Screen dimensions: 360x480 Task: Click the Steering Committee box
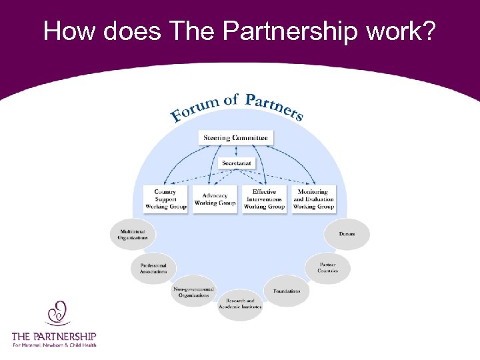pyautogui.click(x=236, y=138)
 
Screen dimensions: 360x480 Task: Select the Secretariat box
pyautogui.click(x=236, y=163)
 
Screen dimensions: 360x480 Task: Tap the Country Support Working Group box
pyautogui.click(x=165, y=199)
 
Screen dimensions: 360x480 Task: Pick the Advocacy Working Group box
pyautogui.click(x=215, y=199)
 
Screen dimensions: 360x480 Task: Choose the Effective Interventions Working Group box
pyautogui.click(x=264, y=199)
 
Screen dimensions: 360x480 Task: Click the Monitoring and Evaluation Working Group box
pyautogui.click(x=313, y=199)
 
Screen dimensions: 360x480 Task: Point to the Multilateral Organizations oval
pyautogui.click(x=133, y=234)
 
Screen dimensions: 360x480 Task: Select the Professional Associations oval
pyautogui.click(x=153, y=267)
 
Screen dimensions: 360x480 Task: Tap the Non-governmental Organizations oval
pyautogui.click(x=193, y=291)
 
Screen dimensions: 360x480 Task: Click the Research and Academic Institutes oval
pyautogui.click(x=240, y=304)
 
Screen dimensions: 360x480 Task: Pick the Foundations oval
pyautogui.click(x=287, y=291)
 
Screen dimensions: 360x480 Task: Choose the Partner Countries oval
pyautogui.click(x=328, y=267)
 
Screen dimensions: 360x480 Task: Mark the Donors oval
pyautogui.click(x=347, y=234)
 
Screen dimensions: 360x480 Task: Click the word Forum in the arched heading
pyautogui.click(x=193, y=110)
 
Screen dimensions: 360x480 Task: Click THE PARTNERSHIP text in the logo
pyautogui.click(x=54, y=336)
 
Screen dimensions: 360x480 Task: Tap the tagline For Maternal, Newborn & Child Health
pyautogui.click(x=54, y=345)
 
